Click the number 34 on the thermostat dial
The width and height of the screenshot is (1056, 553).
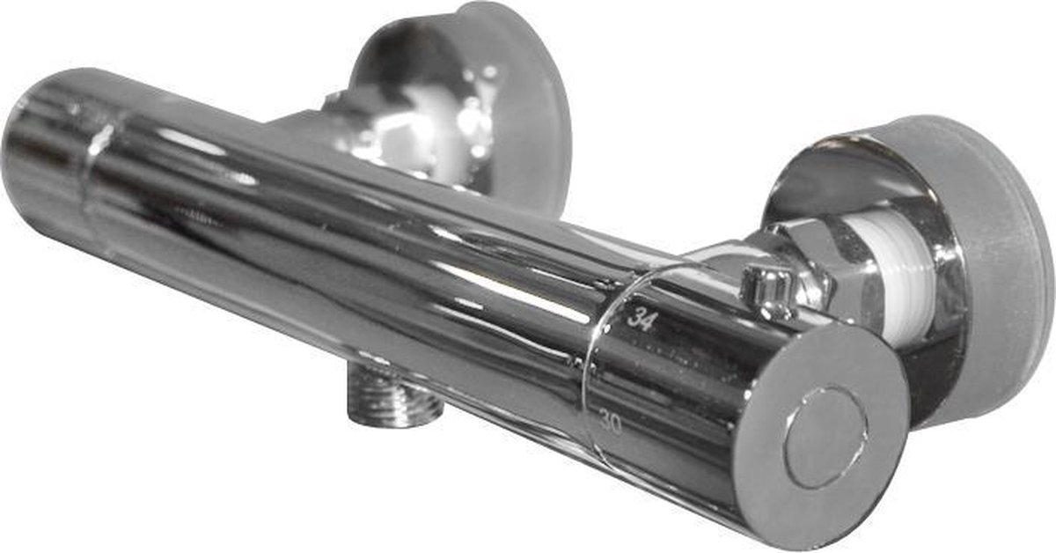click(641, 320)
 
